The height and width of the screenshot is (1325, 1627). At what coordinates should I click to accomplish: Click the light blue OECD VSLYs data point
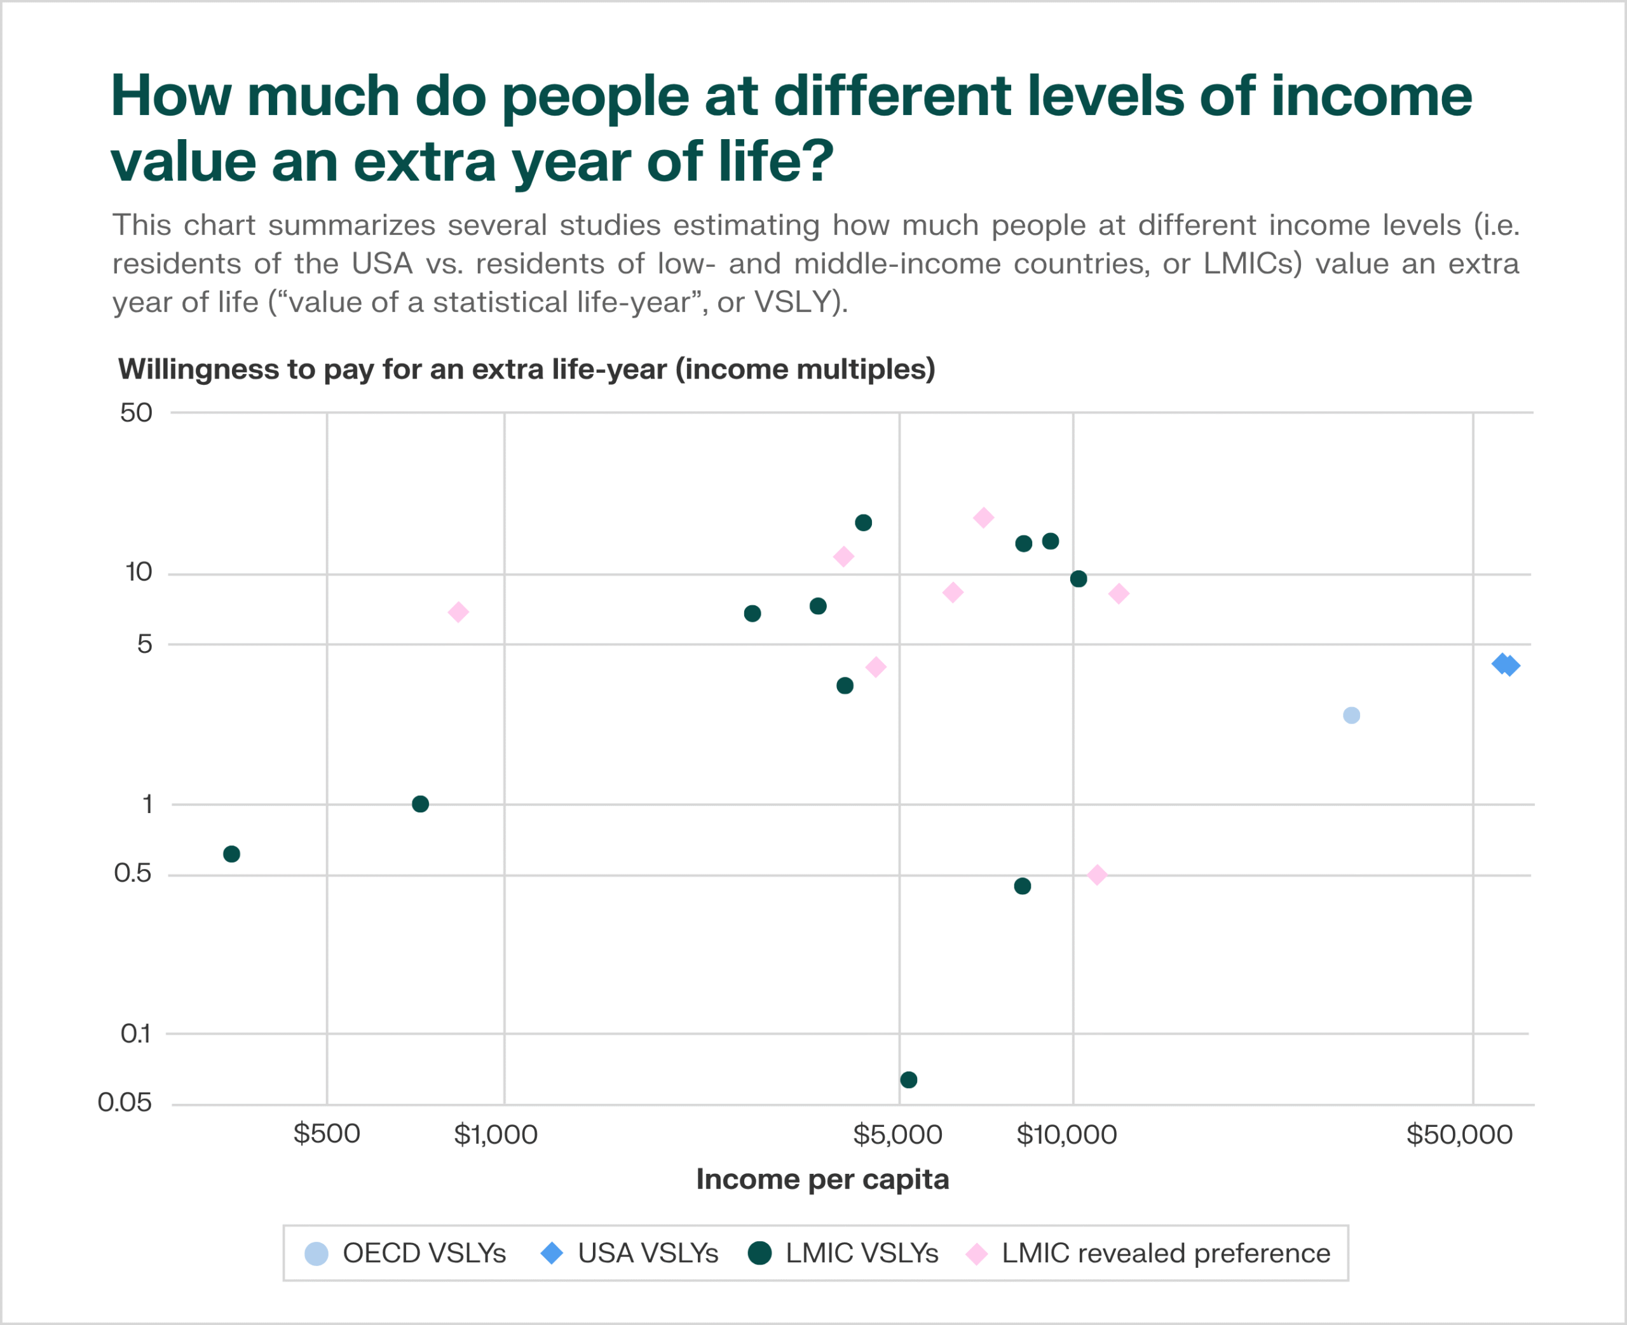(x=1351, y=715)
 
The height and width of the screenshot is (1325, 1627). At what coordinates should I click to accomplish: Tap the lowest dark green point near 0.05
(x=909, y=1080)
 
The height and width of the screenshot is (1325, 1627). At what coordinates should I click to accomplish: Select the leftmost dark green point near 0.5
(x=231, y=854)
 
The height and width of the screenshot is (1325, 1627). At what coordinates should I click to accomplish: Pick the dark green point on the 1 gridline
(x=420, y=804)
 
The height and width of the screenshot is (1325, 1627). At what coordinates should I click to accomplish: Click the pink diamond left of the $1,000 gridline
(x=458, y=612)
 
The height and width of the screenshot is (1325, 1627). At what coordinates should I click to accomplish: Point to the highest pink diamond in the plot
(x=983, y=518)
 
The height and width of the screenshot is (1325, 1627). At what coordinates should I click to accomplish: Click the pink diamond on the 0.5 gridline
(x=1097, y=875)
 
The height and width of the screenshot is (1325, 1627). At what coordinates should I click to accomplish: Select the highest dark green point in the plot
(x=864, y=523)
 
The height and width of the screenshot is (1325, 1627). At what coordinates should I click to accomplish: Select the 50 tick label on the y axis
(x=137, y=413)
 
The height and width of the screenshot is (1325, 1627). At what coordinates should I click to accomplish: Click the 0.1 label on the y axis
(x=136, y=1034)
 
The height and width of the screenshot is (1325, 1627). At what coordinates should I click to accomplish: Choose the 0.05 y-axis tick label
(x=125, y=1102)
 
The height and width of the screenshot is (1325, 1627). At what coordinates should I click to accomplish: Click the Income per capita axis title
(x=822, y=1179)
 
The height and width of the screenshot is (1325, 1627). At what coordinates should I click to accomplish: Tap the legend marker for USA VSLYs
(x=551, y=1253)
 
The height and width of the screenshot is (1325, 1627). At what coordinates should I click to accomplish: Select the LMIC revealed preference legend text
(x=1166, y=1253)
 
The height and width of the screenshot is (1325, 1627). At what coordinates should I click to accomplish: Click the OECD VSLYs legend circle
(x=316, y=1253)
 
